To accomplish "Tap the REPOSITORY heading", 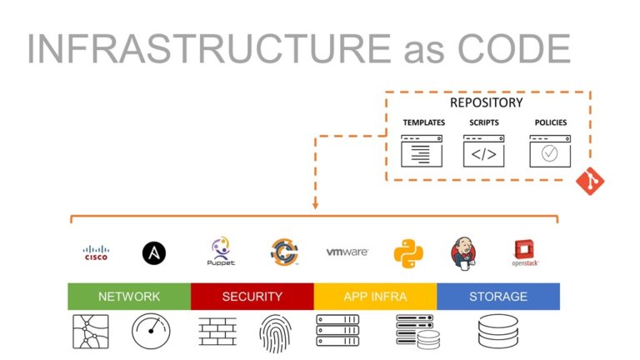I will click(486, 102).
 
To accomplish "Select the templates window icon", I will click(422, 152).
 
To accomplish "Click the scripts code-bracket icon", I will click(483, 152).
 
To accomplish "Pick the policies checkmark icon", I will click(549, 152).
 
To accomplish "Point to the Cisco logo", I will click(96, 252).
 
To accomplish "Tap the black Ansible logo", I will click(155, 252).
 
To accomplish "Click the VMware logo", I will click(347, 252).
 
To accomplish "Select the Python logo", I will click(408, 252).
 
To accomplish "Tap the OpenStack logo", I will click(525, 252).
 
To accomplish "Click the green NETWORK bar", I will click(129, 296).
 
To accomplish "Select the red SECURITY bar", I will click(252, 296).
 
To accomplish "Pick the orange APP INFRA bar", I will click(375, 296).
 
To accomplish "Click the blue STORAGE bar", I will click(497, 296).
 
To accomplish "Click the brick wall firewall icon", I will click(217, 332).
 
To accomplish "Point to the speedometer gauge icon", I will click(151, 332).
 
